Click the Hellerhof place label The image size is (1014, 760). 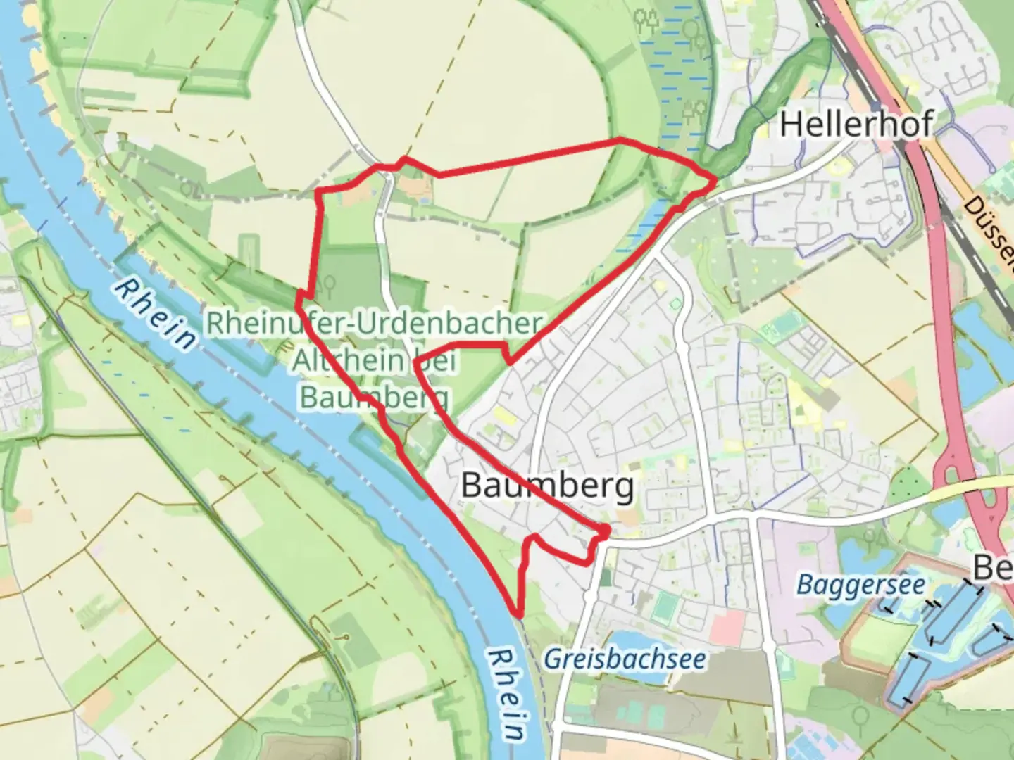[856, 125]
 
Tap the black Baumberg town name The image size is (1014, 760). [547, 486]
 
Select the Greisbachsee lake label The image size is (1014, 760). [625, 659]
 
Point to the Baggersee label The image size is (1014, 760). [860, 584]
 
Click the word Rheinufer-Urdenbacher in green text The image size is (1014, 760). [374, 323]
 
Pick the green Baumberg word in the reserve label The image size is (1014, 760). [374, 396]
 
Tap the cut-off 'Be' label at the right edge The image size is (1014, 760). [993, 567]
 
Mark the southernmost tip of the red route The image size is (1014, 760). [518, 613]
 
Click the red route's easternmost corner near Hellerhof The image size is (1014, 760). [715, 181]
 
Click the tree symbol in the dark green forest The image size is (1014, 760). [326, 285]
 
